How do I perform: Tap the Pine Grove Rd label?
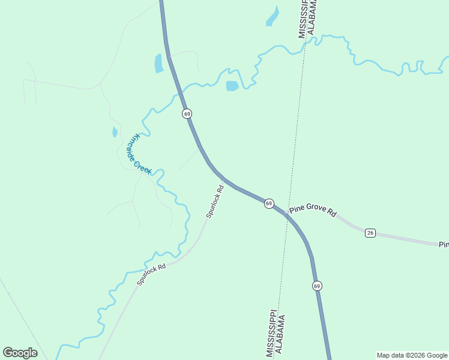click(313, 210)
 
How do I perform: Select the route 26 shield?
click(370, 233)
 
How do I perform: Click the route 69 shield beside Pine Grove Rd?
click(269, 203)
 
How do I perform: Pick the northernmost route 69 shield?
click(187, 113)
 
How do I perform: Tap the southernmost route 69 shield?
click(317, 286)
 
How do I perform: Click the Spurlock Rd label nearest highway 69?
click(215, 201)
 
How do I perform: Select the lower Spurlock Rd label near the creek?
click(151, 274)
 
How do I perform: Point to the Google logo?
click(20, 353)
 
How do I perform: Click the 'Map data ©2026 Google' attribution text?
click(412, 355)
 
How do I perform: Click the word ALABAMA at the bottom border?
click(280, 336)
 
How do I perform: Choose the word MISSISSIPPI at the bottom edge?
click(271, 334)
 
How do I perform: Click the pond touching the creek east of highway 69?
click(232, 86)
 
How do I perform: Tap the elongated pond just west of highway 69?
click(158, 63)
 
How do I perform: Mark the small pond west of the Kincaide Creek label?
click(115, 132)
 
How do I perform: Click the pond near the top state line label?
click(273, 17)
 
